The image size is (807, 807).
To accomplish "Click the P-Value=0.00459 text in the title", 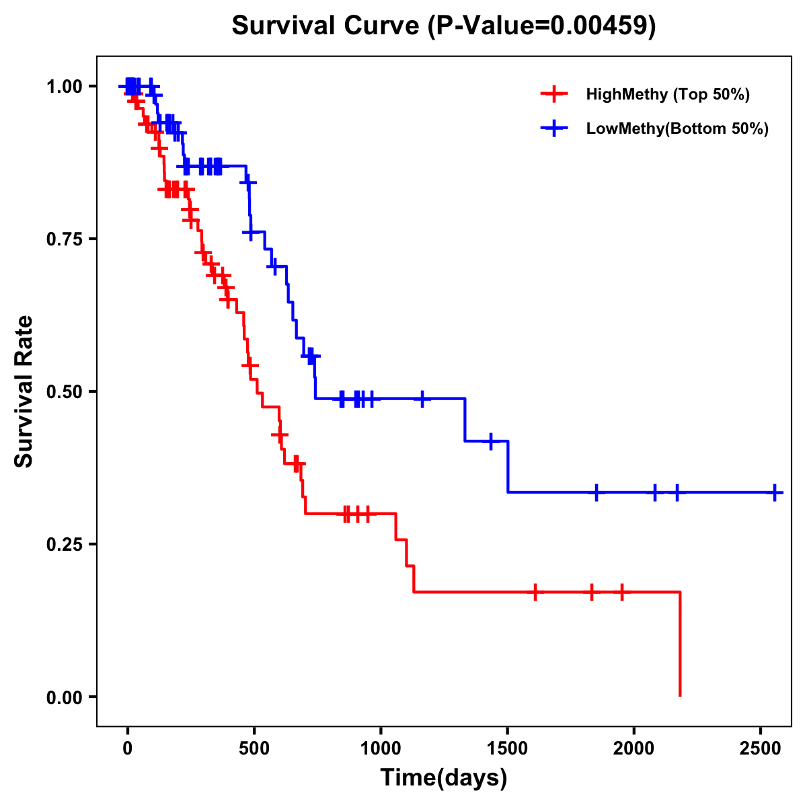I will tap(542, 26).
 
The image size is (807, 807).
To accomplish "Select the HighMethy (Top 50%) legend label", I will tap(667, 94).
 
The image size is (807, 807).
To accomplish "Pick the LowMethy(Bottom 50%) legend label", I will tap(677, 128).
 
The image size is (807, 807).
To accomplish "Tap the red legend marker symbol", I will tap(553, 94).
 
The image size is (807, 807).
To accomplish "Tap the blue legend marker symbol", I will tap(553, 128).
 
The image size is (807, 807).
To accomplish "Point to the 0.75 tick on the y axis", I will tap(65, 239).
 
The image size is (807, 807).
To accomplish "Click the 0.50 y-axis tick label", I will tap(65, 391).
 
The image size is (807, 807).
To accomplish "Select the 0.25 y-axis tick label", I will tap(65, 544).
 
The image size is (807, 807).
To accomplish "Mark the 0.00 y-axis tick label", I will tap(65, 697).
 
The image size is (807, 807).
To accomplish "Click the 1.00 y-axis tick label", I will tap(65, 86).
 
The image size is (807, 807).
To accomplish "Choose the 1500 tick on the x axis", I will tap(507, 750).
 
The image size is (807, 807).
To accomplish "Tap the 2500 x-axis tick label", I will tap(761, 750).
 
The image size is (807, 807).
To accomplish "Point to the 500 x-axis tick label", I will tap(254, 750).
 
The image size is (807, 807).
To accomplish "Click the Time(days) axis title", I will tap(444, 778).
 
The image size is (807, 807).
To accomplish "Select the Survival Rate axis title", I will tap(25, 391).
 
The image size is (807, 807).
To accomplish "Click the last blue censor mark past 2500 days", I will tap(775, 493).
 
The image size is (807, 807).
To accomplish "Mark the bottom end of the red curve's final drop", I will tap(680, 695).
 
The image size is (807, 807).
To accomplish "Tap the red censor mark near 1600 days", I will tap(535, 592).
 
